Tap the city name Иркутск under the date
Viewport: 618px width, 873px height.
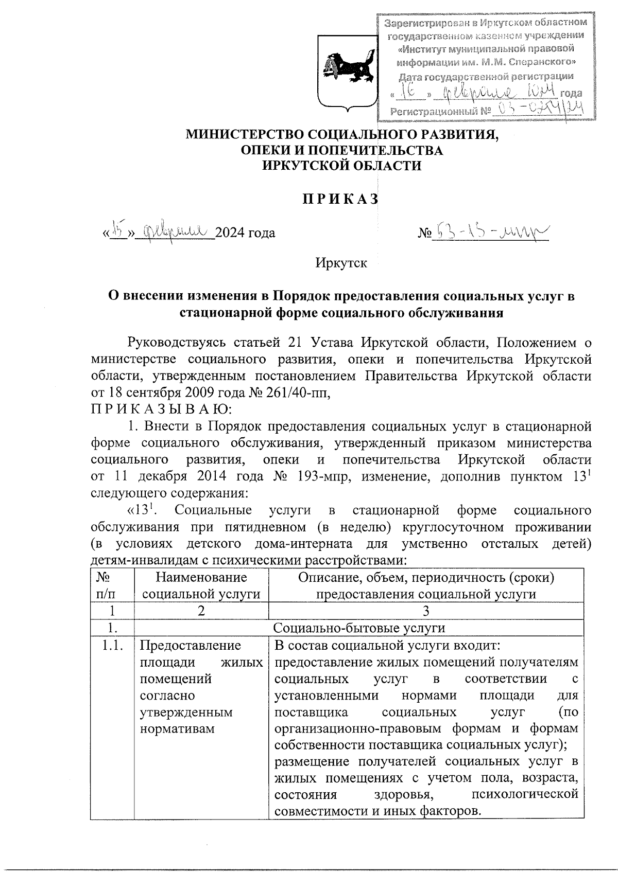341,263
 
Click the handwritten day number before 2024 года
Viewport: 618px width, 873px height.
118,232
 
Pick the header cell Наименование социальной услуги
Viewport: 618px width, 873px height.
201,585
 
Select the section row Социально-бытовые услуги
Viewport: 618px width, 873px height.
358,628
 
